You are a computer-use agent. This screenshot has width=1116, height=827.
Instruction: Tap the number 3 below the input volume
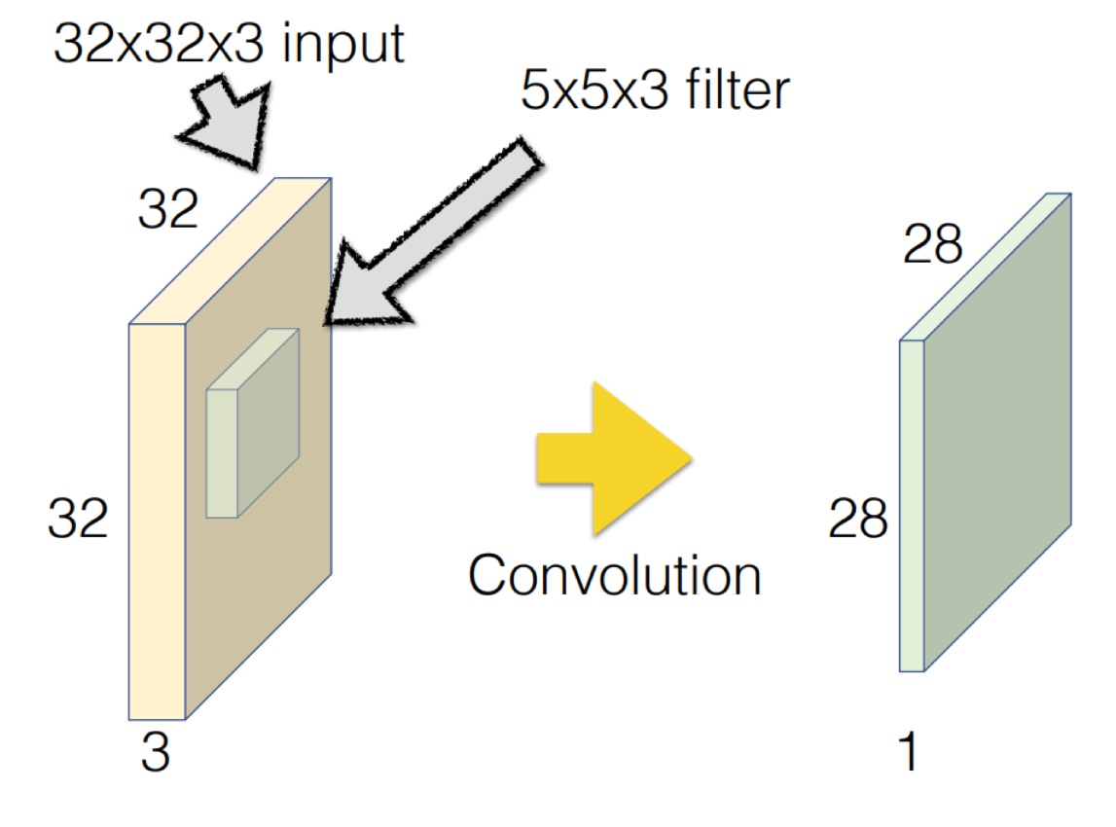pyautogui.click(x=154, y=754)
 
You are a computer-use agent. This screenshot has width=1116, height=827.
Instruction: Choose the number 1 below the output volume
pyautogui.click(x=908, y=754)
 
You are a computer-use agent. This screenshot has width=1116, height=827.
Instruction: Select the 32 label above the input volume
pyautogui.click(x=167, y=209)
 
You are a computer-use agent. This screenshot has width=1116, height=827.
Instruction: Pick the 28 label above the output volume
pyautogui.click(x=933, y=247)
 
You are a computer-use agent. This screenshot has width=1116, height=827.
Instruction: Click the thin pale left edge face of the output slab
pyautogui.click(x=911, y=506)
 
